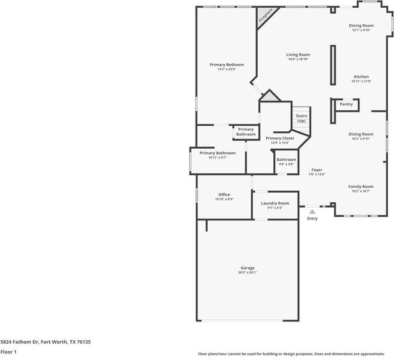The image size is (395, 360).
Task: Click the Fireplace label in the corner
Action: (266, 16)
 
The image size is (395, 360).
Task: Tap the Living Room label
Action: (298, 55)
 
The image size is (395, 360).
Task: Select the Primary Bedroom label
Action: (226, 64)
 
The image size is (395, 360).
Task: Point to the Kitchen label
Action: (361, 76)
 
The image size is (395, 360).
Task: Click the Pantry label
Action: (346, 104)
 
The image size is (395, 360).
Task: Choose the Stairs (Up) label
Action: (301, 118)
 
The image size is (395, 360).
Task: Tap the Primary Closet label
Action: (280, 138)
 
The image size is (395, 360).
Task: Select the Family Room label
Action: (361, 187)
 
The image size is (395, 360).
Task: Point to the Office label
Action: (224, 194)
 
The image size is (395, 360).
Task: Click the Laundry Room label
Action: (275, 203)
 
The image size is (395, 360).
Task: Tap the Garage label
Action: (247, 268)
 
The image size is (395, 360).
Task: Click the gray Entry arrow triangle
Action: (312, 211)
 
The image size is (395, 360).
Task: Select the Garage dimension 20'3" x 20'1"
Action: (247, 273)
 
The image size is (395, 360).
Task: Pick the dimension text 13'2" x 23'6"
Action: (226, 69)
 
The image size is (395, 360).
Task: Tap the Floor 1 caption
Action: (8, 352)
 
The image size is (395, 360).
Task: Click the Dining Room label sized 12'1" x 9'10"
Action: (361, 25)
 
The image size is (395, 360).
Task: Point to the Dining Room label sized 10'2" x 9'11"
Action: (361, 134)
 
